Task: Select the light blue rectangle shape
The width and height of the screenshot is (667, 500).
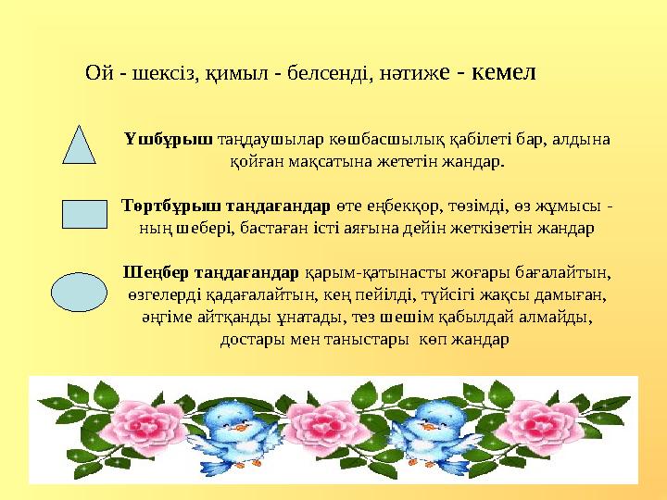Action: tap(84, 213)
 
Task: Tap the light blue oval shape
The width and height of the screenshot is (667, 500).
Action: tap(82, 288)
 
